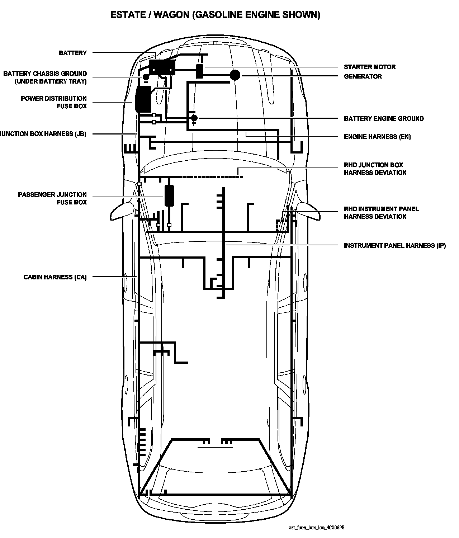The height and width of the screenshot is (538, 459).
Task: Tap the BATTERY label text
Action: [x=73, y=53]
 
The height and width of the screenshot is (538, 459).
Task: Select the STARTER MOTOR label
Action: [x=369, y=67]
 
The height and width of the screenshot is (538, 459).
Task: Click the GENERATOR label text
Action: [x=363, y=76]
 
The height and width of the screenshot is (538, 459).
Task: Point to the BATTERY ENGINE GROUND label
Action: [x=383, y=119]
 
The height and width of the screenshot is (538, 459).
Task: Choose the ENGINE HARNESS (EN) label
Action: [x=377, y=137]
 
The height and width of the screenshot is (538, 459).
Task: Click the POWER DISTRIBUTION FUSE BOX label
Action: [x=54, y=102]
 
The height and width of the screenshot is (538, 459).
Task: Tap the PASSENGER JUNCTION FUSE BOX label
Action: [x=52, y=198]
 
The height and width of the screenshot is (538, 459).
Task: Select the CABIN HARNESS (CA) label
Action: [x=55, y=277]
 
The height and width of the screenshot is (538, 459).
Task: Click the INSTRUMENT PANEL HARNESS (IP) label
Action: [x=394, y=246]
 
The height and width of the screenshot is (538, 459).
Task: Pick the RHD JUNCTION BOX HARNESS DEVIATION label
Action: [x=375, y=169]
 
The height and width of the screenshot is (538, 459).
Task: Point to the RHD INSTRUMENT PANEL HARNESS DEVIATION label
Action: [x=381, y=213]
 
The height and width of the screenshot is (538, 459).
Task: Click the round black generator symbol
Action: [x=235, y=75]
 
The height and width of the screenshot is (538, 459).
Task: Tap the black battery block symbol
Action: [x=162, y=67]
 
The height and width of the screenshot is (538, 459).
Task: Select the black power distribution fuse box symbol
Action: [x=143, y=99]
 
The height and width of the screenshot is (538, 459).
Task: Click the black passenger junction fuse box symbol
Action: [x=169, y=195]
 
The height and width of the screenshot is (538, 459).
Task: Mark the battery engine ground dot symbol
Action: [x=194, y=118]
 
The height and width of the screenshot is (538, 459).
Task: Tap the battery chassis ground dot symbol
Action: [x=146, y=77]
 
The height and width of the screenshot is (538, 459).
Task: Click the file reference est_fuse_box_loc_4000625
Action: [x=316, y=528]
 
